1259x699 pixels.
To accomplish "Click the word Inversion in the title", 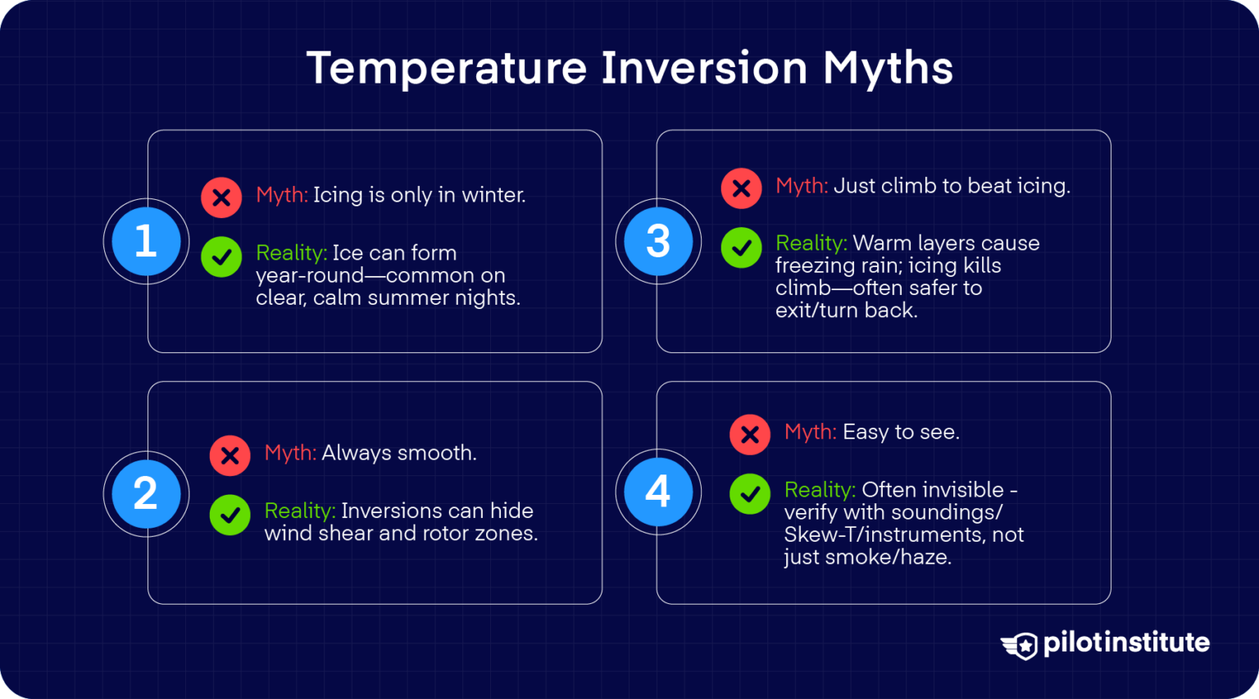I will (x=704, y=67).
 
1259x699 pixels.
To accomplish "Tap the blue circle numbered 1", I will (x=146, y=242).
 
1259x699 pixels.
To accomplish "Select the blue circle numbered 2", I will (x=146, y=493).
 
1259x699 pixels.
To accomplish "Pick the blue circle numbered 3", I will (x=658, y=242).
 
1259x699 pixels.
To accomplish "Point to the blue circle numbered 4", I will (x=658, y=492).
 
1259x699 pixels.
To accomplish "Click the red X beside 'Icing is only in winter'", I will (x=221, y=197).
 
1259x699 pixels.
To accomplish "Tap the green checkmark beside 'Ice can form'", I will (x=221, y=256).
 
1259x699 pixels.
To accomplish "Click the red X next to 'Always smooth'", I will (x=230, y=456).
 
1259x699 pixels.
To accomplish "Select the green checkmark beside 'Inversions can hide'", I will (x=230, y=515).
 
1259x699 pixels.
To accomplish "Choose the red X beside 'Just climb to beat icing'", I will (x=741, y=188).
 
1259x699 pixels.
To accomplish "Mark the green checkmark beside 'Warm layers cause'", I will (x=741, y=247).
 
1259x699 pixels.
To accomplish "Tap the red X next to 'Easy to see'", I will (x=750, y=434).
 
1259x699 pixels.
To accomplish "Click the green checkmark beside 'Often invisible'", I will (x=750, y=494).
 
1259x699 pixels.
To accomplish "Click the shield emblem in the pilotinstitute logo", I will (x=1020, y=645).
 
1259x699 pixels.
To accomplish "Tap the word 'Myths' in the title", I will (x=888, y=67).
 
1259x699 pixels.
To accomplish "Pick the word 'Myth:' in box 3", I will (x=802, y=186).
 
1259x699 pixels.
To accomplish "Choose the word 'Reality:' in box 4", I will (x=820, y=490).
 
